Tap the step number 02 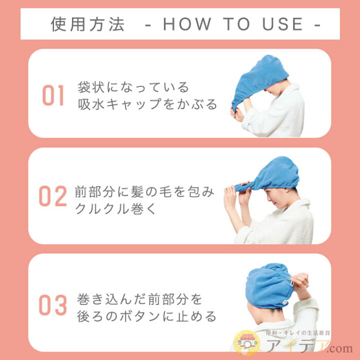53,196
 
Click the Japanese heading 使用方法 87,24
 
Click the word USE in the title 282,24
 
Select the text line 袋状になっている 133,87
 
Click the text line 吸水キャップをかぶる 147,104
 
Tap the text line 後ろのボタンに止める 147,316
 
